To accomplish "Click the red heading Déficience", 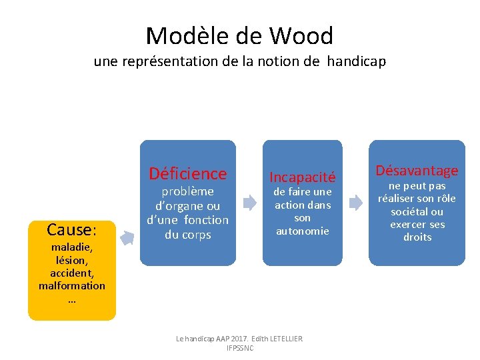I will (188, 173).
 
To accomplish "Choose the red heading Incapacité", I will (302, 177).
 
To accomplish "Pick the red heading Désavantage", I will (417, 170).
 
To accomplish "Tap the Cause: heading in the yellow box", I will (71, 230).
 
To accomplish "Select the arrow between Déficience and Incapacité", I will (249, 203).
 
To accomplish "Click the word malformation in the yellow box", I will (71, 285).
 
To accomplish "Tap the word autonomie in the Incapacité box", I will (303, 231).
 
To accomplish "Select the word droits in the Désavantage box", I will (417, 237).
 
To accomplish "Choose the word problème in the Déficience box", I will (187, 192).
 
